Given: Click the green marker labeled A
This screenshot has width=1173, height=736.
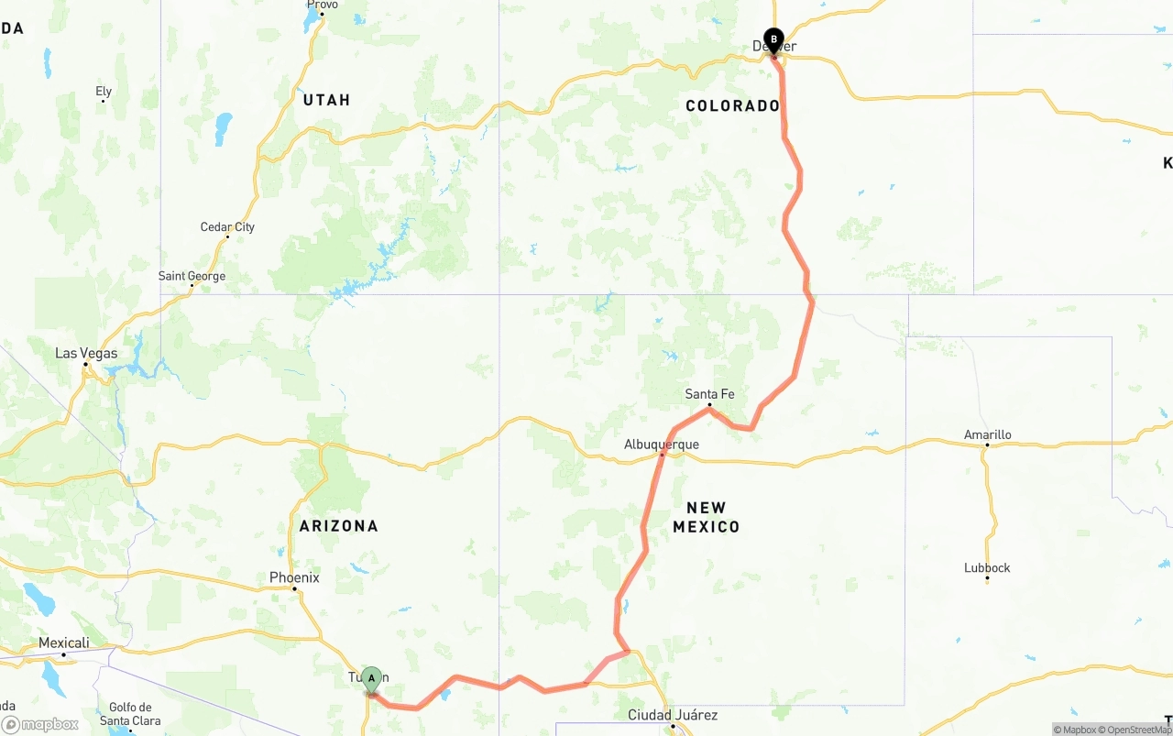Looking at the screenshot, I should [371, 680].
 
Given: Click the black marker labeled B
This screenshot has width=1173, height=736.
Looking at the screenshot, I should [773, 40].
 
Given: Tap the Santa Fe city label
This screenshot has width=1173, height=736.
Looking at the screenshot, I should [709, 394].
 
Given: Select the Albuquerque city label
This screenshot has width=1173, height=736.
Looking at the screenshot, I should [661, 445].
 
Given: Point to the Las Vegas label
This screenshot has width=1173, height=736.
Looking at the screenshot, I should [86, 353].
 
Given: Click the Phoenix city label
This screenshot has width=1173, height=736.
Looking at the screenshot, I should [294, 577].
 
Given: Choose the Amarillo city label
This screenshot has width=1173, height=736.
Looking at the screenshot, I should [987, 434].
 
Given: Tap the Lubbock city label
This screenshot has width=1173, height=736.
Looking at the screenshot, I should [987, 567].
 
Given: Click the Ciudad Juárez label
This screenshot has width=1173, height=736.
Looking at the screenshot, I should [673, 715].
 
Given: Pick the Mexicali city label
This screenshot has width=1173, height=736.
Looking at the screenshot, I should [64, 643].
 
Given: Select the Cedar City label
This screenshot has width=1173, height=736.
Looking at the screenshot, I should [227, 227].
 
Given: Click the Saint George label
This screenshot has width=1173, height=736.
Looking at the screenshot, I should [192, 276].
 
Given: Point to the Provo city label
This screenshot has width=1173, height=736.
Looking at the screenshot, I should [322, 5].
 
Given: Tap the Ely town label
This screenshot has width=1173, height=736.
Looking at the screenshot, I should [104, 91].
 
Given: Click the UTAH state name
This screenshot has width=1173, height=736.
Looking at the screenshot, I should [326, 100].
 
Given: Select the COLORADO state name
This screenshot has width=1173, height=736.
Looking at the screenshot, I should [732, 106].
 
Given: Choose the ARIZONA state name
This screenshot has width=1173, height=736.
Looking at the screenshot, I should [338, 526].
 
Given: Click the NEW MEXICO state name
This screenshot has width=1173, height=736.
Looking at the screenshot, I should [707, 517].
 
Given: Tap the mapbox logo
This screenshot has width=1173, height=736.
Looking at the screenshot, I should [40, 724].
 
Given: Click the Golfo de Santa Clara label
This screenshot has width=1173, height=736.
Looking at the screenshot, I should [129, 714].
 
